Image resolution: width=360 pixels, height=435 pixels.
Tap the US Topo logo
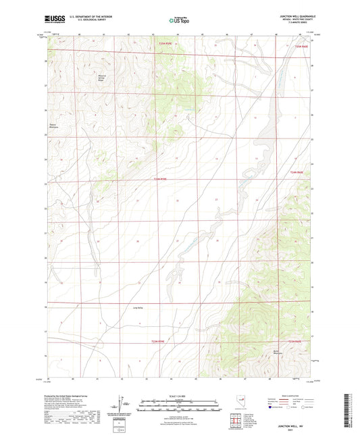tap(179, 21)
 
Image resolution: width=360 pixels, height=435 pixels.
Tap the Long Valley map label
tap(137, 307)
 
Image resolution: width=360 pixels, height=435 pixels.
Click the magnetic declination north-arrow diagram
tap(125, 404)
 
